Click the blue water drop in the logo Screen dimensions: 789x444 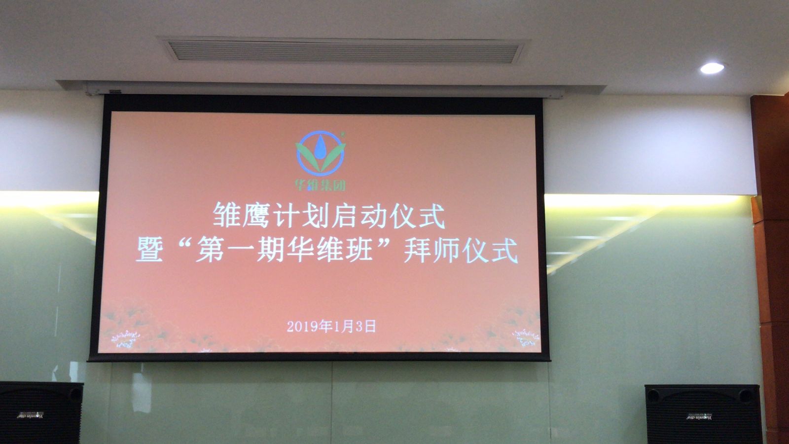[x=320, y=148]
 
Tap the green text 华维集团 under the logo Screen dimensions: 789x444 [x=321, y=185]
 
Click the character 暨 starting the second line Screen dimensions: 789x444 [x=149, y=250]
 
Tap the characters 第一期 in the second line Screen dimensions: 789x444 [x=240, y=250]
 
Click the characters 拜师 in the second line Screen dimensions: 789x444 [x=432, y=250]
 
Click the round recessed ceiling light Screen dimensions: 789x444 [x=712, y=69]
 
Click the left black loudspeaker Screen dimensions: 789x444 [x=41, y=413]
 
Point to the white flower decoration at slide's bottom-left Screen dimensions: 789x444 [x=125, y=338]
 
